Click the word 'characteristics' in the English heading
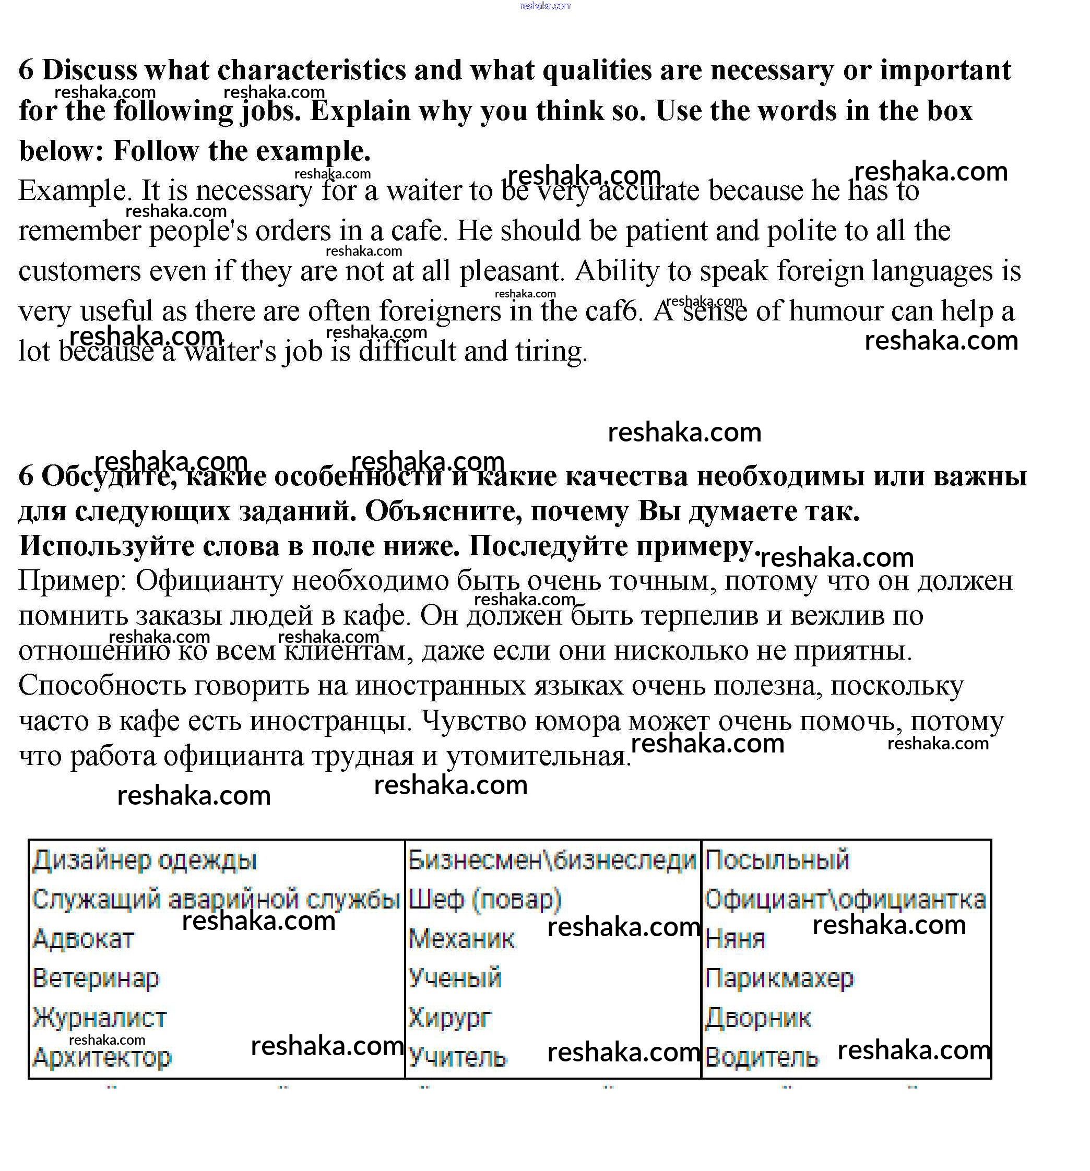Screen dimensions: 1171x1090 click(x=311, y=70)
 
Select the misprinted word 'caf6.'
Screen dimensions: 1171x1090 click(x=613, y=311)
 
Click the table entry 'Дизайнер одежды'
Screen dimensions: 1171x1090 click(x=145, y=861)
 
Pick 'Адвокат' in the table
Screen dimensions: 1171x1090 click(x=83, y=939)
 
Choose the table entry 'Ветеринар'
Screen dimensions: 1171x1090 click(x=96, y=978)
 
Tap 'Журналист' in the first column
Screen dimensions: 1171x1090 click(x=100, y=1018)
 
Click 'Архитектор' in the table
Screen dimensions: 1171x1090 click(x=101, y=1057)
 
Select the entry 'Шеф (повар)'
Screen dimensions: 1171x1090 click(x=484, y=900)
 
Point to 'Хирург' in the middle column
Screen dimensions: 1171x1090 click(x=449, y=1018)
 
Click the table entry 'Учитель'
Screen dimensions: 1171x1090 click(x=457, y=1057)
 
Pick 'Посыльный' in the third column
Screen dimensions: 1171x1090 click(x=777, y=861)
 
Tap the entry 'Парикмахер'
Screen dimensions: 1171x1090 click(x=779, y=978)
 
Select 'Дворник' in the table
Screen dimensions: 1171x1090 click(x=757, y=1018)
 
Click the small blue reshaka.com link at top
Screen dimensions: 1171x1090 click(x=545, y=6)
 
